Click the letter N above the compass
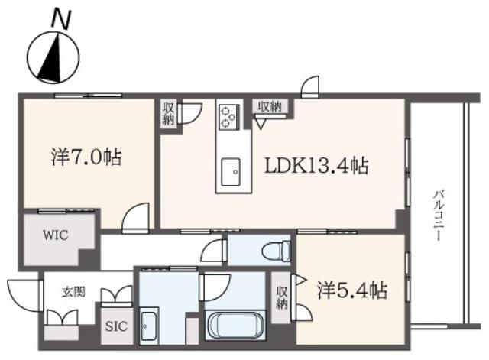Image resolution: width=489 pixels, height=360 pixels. (61, 20)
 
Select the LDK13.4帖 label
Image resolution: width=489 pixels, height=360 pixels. (316, 165)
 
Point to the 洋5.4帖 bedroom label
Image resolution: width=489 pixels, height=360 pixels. (352, 290)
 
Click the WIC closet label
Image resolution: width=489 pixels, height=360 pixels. (56, 235)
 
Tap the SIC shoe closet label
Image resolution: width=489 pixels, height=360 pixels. (116, 326)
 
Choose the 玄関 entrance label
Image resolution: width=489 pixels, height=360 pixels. (73, 292)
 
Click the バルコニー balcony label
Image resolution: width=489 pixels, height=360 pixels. (437, 216)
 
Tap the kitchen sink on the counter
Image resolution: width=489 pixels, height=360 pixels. (231, 172)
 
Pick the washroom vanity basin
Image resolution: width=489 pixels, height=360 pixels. (150, 326)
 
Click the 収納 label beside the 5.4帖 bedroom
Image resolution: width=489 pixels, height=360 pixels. (281, 297)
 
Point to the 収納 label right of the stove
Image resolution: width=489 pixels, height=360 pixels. (270, 107)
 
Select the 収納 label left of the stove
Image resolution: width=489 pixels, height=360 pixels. (168, 113)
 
